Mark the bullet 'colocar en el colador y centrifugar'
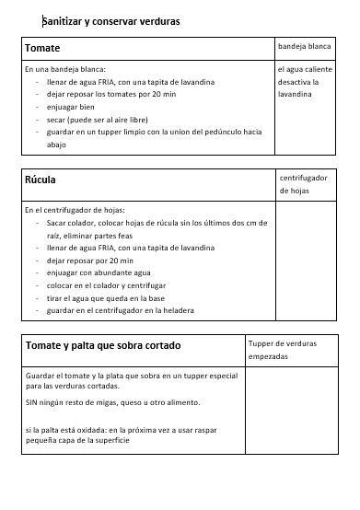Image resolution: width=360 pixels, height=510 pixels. (107, 286)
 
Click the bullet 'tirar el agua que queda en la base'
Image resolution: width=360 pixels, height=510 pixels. (106, 298)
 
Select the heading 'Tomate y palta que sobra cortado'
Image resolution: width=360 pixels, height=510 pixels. (103, 345)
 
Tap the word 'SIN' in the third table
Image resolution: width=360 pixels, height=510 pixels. (32, 403)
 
